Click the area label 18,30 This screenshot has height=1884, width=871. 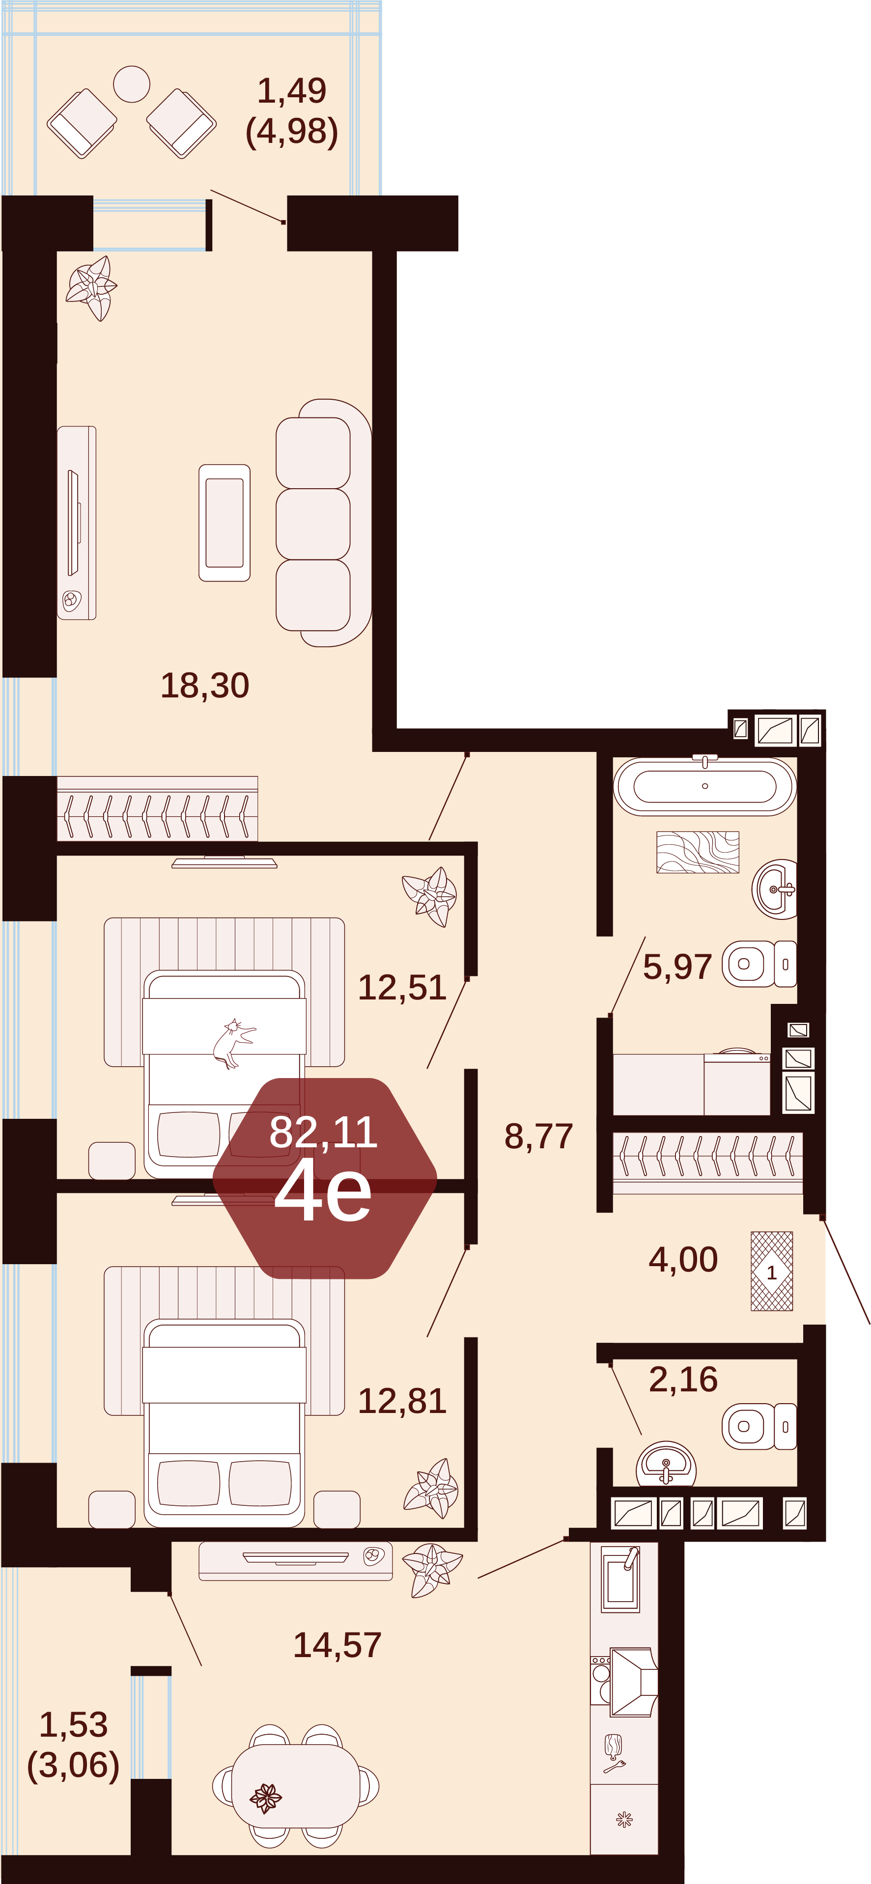click(x=205, y=685)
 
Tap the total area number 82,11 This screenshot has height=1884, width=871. click(x=323, y=1132)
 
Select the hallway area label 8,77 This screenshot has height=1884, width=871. click(x=538, y=1136)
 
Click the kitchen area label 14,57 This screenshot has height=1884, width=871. click(x=337, y=1645)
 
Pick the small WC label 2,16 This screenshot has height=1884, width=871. click(x=683, y=1379)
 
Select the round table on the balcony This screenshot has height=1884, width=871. click(x=132, y=84)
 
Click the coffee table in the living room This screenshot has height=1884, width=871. click(x=225, y=523)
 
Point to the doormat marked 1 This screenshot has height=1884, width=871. click(x=772, y=1271)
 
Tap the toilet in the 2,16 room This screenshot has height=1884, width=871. click(x=759, y=1426)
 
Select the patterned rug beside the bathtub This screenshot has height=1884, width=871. click(x=698, y=852)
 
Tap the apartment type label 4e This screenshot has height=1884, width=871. click(x=323, y=1191)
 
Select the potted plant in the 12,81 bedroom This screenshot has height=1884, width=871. click(x=431, y=1488)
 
